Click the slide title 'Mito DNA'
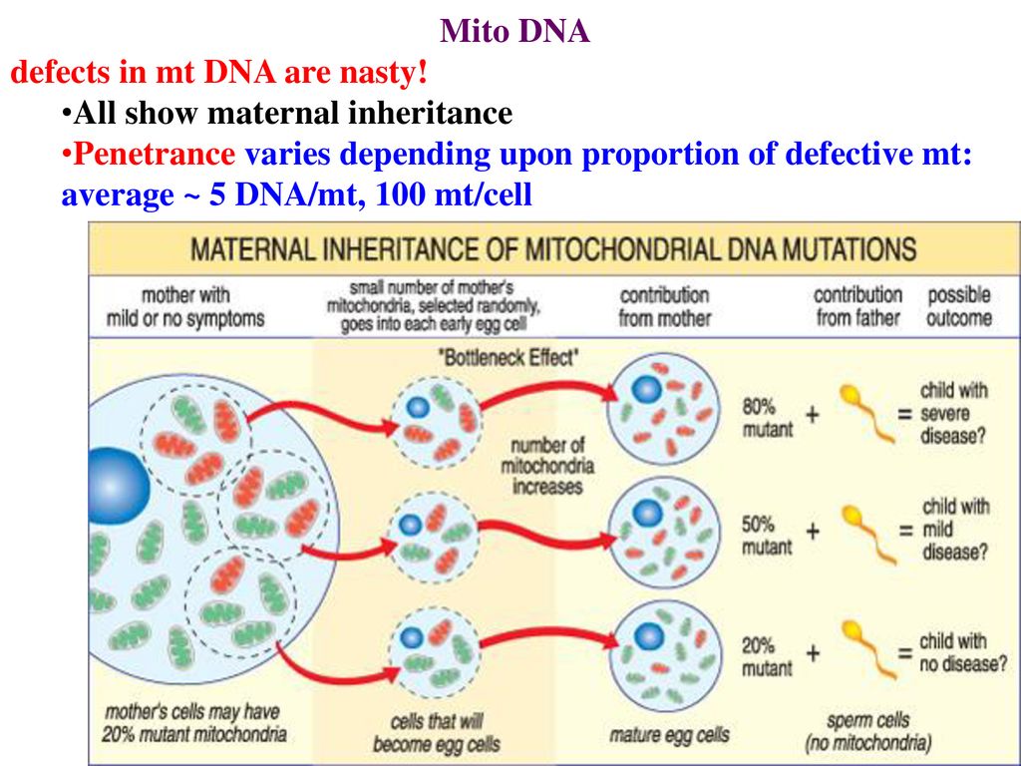point(514,31)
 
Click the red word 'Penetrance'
point(155,154)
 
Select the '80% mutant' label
point(768,418)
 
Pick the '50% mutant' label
point(767,536)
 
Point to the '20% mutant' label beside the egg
point(767,656)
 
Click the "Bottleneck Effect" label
point(509,358)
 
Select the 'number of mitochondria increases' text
point(547,466)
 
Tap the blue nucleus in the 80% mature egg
point(646,390)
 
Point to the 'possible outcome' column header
point(959,306)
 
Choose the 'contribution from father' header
point(858,306)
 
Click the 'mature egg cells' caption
point(669,735)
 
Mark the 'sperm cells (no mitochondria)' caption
point(868,731)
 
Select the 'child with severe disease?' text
point(954,413)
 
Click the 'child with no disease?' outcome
point(963,652)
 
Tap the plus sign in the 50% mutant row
point(813,532)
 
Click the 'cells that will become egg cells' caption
point(437,732)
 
